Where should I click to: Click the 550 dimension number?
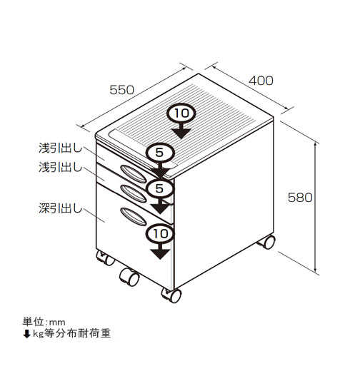(x=121, y=90)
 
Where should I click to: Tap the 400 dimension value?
(x=261, y=81)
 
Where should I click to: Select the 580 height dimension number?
(x=300, y=198)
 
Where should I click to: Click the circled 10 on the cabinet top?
(x=181, y=113)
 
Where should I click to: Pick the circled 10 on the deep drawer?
(x=160, y=233)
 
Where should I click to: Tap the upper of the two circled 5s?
(x=160, y=153)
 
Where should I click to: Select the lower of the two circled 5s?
(x=160, y=188)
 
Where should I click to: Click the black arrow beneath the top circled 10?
(x=181, y=131)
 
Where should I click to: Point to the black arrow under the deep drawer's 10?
(x=160, y=251)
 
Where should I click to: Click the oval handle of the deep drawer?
(x=134, y=217)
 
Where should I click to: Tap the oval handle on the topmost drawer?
(x=134, y=174)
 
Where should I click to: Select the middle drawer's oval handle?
(x=134, y=193)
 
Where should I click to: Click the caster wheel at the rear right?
(x=267, y=242)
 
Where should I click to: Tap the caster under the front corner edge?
(x=172, y=295)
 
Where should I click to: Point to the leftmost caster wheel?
(x=106, y=258)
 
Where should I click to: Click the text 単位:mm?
(x=44, y=322)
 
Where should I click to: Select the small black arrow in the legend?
(x=26, y=334)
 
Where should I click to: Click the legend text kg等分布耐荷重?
(x=71, y=333)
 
